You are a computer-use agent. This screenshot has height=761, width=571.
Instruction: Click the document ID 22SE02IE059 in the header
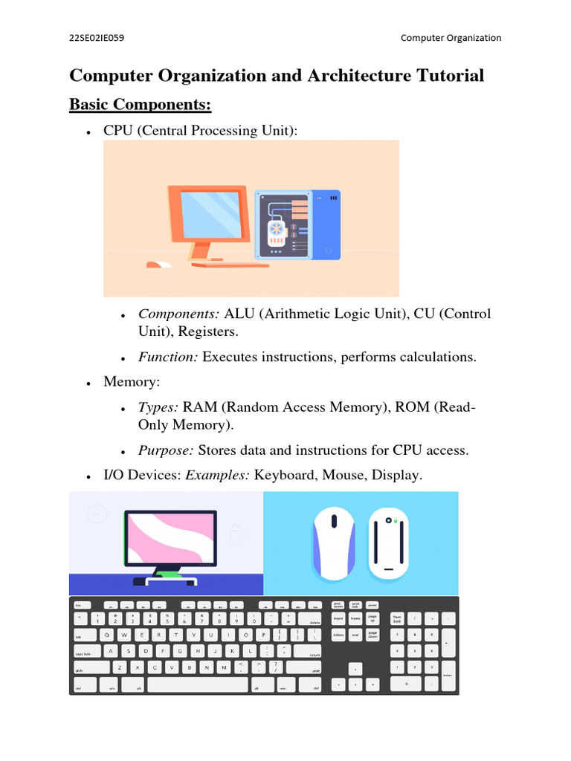coord(97,37)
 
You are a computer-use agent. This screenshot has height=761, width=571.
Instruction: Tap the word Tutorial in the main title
coord(449,76)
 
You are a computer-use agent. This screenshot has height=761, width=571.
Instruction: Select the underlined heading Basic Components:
coord(141,105)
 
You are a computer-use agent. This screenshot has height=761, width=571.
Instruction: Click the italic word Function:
coord(168,357)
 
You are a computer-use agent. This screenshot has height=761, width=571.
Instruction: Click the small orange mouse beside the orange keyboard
coord(158,264)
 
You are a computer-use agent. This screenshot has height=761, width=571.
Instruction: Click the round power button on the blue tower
coord(328,250)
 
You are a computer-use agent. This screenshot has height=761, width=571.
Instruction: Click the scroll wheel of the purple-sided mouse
coord(332,520)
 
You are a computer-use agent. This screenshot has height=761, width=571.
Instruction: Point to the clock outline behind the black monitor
coord(97,514)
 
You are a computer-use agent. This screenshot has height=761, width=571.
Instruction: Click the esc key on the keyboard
coord(78,605)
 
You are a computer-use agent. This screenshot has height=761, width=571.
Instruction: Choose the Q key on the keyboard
coord(108,635)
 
